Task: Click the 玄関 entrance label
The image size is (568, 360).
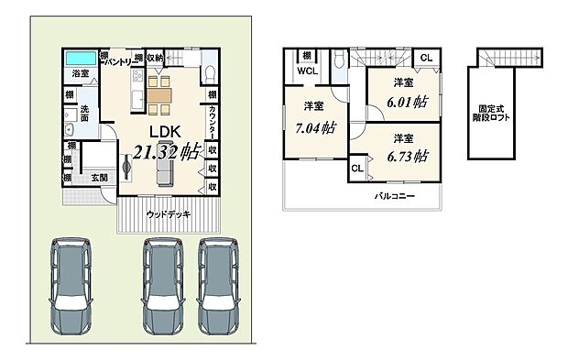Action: click(98, 178)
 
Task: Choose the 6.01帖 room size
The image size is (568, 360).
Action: click(407, 102)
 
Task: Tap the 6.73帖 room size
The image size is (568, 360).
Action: click(406, 156)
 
